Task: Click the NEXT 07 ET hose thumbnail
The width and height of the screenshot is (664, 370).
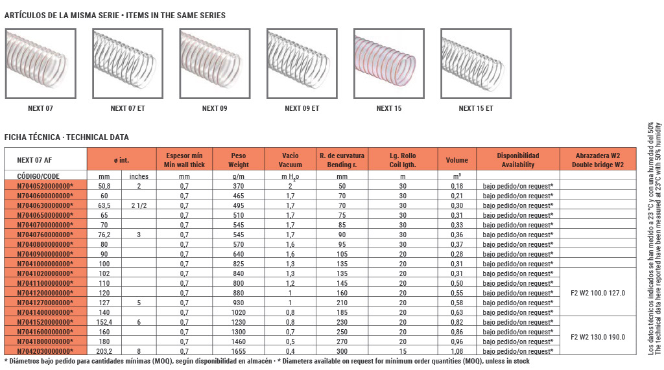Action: pyautogui.click(x=128, y=64)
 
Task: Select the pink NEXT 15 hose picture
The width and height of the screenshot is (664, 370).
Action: pyautogui.click(x=389, y=64)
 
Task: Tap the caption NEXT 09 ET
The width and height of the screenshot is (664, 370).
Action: pyautogui.click(x=302, y=108)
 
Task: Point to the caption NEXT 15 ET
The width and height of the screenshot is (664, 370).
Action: pyautogui.click(x=476, y=108)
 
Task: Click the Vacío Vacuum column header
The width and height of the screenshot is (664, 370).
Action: pyautogui.click(x=290, y=160)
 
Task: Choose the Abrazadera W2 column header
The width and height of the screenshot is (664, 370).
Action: pyautogui.click(x=597, y=160)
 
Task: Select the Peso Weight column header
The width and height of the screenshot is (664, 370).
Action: pyautogui.click(x=239, y=160)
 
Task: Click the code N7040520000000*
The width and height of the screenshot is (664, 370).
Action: pyautogui.click(x=45, y=186)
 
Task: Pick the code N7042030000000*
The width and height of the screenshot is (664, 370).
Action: pyautogui.click(x=45, y=351)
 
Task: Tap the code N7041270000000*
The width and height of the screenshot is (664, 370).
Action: pyautogui.click(x=45, y=303)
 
